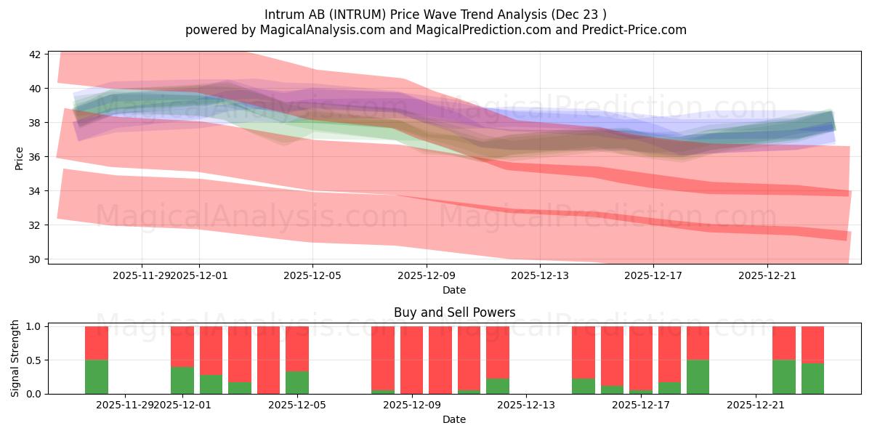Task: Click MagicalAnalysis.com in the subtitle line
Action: [306, 30]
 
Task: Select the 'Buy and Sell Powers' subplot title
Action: [454, 312]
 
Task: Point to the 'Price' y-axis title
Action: [19, 158]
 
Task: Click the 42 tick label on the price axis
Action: [35, 54]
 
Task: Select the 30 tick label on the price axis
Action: [35, 259]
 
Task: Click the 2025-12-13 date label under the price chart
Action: [539, 275]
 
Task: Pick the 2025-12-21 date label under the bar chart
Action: [756, 405]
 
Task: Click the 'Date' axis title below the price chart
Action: [454, 290]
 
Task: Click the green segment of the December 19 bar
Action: [698, 376]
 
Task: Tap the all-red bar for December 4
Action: [268, 360]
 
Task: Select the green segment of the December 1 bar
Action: [182, 380]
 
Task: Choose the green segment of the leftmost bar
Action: [97, 376]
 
